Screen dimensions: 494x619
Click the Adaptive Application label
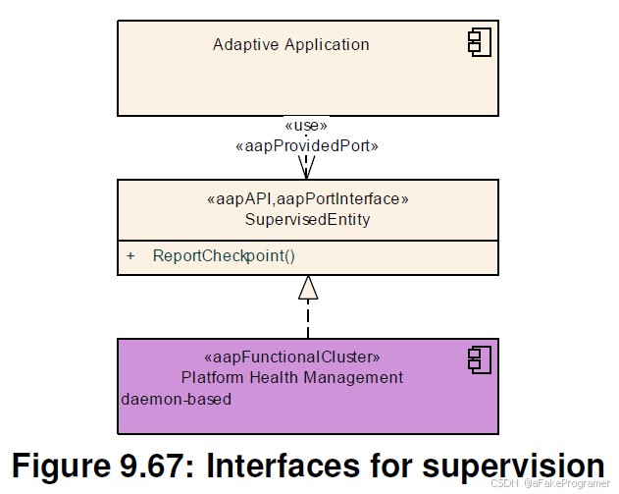click(291, 44)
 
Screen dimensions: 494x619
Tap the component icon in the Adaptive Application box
click(479, 42)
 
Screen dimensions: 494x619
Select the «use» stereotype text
click(306, 126)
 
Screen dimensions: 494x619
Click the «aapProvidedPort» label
click(307, 145)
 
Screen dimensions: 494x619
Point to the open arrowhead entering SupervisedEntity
click(308, 169)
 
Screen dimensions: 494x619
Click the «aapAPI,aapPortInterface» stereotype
click(307, 199)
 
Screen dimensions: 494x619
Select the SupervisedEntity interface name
click(307, 220)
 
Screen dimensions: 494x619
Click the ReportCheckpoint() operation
click(224, 256)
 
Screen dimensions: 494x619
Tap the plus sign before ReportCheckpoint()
click(130, 256)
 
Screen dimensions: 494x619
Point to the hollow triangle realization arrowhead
click(308, 287)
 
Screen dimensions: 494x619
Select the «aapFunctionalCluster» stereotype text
click(291, 357)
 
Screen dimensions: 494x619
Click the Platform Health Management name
click(292, 377)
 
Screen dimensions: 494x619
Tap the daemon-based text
click(177, 400)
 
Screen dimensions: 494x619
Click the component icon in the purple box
click(479, 359)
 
